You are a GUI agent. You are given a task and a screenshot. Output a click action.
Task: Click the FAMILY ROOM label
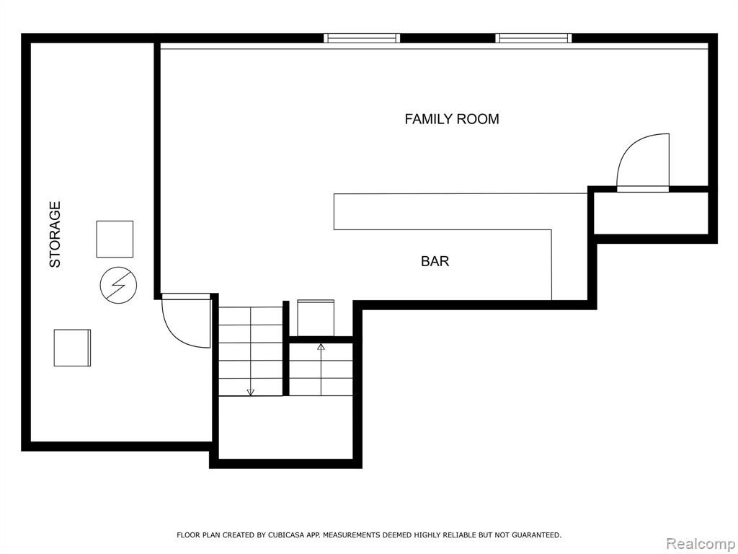[x=452, y=119]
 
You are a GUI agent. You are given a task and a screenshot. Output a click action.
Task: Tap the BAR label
[x=435, y=261]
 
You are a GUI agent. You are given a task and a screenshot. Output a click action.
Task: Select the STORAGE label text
[x=55, y=234]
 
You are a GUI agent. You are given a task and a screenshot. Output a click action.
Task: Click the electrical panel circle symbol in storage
[x=119, y=285]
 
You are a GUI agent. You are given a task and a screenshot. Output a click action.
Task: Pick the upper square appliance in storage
[x=115, y=239]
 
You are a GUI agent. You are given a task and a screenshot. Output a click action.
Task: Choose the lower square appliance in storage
[x=72, y=348]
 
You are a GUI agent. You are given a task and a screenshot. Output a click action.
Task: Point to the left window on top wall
[x=362, y=38]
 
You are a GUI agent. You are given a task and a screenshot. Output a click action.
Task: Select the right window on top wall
[x=533, y=38]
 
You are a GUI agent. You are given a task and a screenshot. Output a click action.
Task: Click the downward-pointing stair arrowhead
[x=250, y=392]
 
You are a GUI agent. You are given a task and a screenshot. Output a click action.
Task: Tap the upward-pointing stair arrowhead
[x=321, y=347]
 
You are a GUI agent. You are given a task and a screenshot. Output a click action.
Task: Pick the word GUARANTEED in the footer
[x=536, y=535]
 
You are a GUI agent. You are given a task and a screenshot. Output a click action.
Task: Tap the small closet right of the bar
[x=651, y=213]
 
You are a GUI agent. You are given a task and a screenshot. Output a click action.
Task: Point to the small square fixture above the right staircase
[x=316, y=318]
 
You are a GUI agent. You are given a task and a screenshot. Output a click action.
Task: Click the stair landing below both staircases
[x=285, y=427]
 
